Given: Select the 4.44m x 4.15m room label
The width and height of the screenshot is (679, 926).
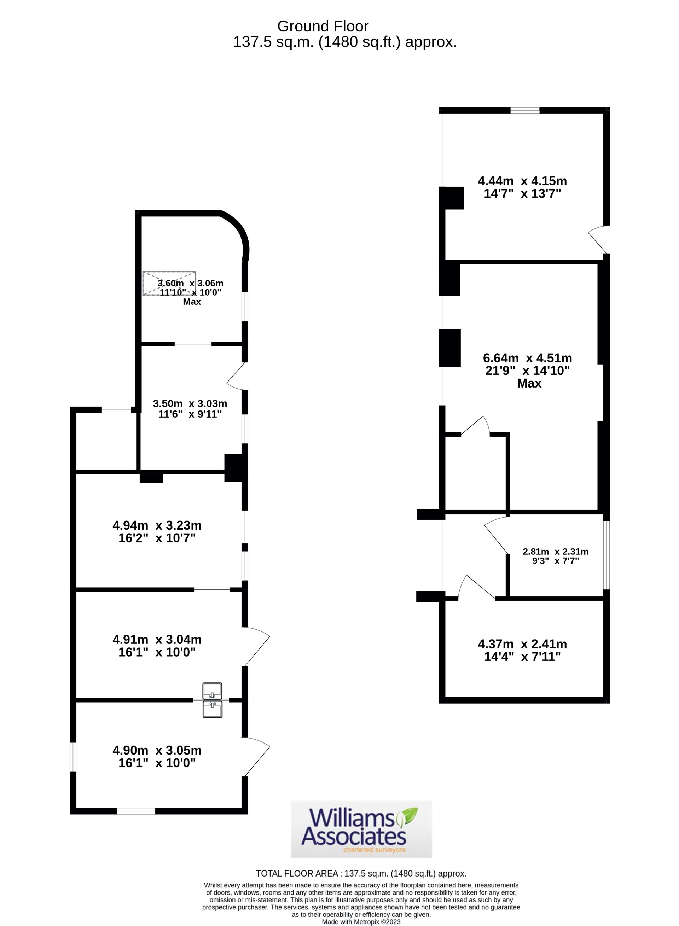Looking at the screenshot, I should pyautogui.click(x=522, y=187).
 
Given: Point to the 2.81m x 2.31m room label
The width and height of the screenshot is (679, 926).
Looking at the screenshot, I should pyautogui.click(x=555, y=556).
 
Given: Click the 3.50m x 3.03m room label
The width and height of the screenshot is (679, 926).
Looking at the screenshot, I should pyautogui.click(x=190, y=408).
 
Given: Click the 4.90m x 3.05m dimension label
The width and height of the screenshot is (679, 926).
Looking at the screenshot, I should pyautogui.click(x=157, y=756).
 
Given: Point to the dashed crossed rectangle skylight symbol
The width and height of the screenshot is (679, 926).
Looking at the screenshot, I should pyautogui.click(x=169, y=283).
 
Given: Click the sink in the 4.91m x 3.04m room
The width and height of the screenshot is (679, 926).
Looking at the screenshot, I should pyautogui.click(x=212, y=691).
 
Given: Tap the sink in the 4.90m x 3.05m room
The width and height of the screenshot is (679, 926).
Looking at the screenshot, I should pyautogui.click(x=212, y=710).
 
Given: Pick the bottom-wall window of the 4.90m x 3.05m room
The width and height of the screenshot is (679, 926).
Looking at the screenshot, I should pyautogui.click(x=136, y=811).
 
